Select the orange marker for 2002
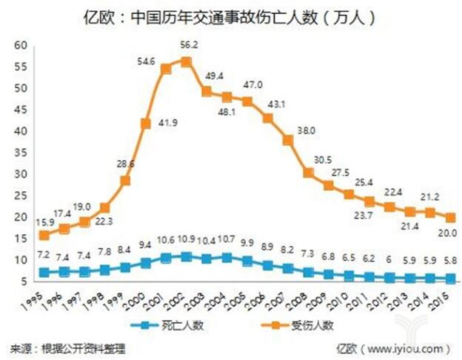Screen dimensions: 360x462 187,61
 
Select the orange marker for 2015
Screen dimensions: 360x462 449,217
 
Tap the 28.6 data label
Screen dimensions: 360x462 126,163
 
